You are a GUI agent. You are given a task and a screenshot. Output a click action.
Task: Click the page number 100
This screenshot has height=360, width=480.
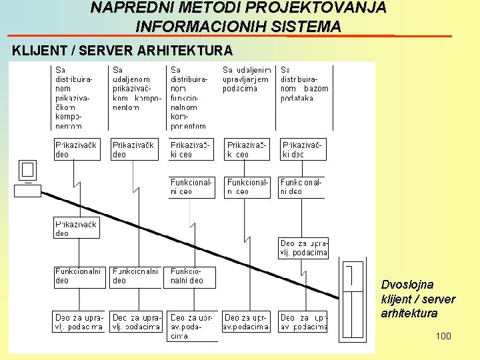tap(443, 336)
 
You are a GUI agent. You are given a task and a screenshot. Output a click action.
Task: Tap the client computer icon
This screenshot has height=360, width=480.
tap(27, 178)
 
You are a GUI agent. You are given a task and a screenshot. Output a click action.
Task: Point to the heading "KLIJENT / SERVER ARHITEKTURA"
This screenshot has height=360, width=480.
tap(123, 51)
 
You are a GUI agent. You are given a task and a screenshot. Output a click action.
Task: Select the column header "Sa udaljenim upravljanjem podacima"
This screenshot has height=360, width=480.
tap(247, 79)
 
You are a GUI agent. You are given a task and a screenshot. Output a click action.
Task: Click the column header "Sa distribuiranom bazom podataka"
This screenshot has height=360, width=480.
tap(305, 83)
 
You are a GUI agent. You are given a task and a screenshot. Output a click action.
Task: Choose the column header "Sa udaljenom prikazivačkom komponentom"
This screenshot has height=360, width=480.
tap(136, 88)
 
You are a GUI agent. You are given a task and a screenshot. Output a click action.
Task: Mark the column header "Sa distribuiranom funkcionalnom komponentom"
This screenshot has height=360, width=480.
tap(190, 97)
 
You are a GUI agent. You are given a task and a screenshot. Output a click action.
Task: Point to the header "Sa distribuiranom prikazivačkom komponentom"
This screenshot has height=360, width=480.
tap(74, 97)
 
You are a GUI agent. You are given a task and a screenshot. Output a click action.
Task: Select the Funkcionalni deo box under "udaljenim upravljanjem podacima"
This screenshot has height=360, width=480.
tap(247, 187)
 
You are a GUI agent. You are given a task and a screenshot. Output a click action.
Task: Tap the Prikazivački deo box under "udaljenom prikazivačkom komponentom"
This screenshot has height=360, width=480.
tap(134, 149)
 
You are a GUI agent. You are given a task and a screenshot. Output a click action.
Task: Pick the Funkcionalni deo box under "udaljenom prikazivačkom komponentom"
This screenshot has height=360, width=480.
tap(135, 276)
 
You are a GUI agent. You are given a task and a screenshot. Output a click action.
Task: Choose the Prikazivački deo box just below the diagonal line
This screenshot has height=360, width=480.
tap(77, 228)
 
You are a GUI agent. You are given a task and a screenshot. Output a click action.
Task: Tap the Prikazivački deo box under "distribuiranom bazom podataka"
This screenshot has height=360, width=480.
tap(304, 149)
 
